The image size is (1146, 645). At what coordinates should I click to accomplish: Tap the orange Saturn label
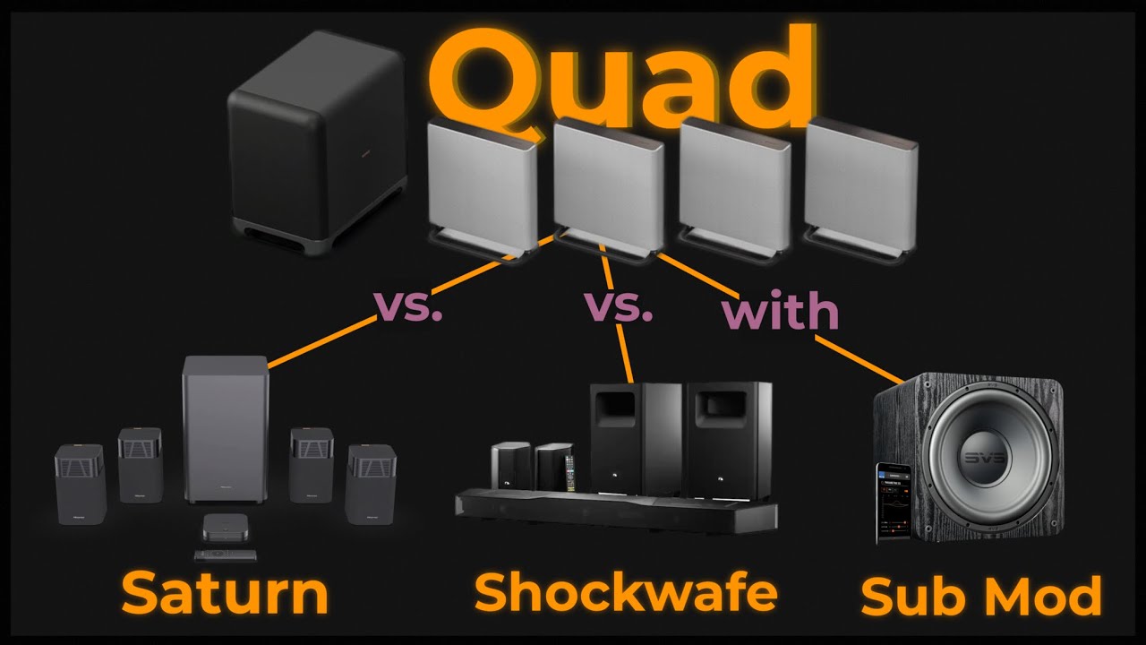pos(224,593)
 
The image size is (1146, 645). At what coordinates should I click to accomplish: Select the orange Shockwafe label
pos(625,591)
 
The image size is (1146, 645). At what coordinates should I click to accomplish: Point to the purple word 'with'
pos(780,311)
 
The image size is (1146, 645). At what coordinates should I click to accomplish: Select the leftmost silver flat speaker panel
pos(482,184)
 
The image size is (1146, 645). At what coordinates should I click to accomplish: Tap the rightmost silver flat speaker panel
pos(859,184)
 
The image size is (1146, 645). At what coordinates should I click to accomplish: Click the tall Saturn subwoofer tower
pos(225,430)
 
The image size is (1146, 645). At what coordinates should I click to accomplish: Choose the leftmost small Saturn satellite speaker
pos(81,484)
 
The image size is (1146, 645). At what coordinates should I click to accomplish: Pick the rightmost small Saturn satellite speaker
pos(371,484)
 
